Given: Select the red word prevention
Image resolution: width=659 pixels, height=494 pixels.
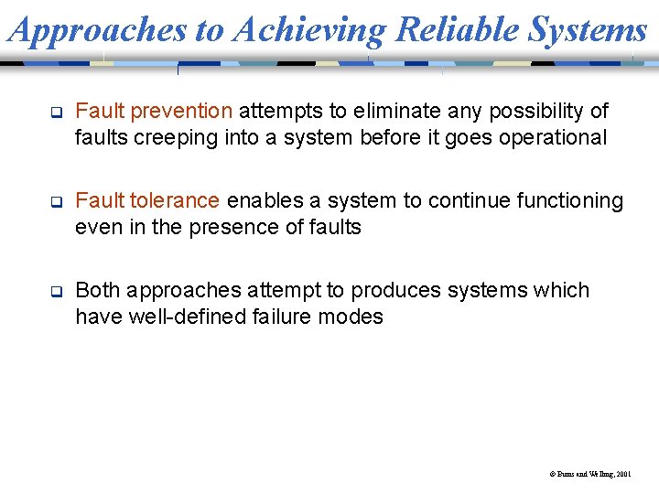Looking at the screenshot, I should coord(181,112).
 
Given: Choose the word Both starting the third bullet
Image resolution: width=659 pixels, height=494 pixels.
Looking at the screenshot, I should coord(98,291).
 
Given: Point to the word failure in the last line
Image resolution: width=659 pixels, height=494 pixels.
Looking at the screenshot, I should coord(278,317).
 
